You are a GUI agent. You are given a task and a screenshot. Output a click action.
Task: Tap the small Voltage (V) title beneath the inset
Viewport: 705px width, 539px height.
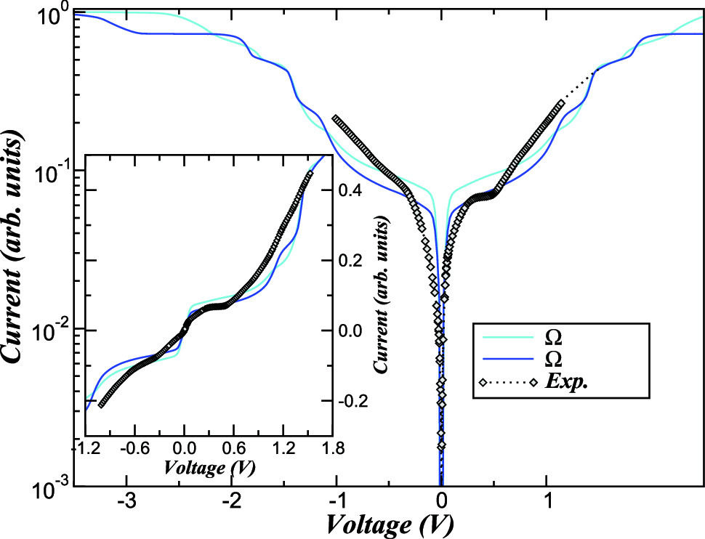209,466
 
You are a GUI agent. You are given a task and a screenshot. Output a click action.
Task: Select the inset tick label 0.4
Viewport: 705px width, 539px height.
352,190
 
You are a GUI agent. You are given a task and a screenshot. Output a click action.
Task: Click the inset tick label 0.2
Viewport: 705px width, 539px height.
352,261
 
